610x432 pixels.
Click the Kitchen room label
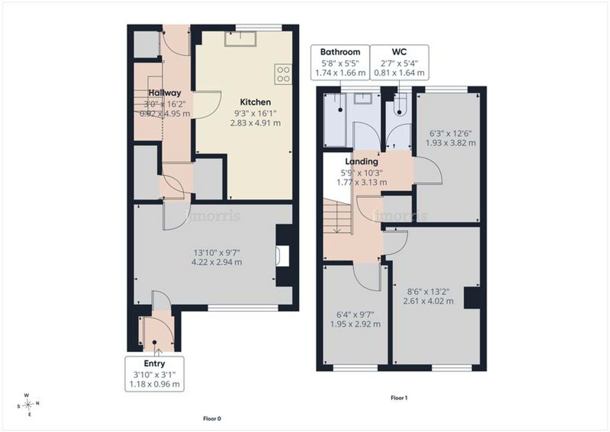(x=255, y=102)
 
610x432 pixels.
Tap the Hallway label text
(x=165, y=93)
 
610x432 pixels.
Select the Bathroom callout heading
(x=340, y=52)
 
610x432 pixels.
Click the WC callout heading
(x=399, y=52)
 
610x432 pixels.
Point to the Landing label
(x=361, y=162)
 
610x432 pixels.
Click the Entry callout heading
(x=154, y=364)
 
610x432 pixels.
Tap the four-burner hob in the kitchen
(x=283, y=74)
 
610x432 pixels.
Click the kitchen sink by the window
(x=240, y=38)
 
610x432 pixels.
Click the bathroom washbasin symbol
(x=363, y=99)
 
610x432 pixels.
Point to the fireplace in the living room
(x=282, y=256)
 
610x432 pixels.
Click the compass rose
(x=28, y=405)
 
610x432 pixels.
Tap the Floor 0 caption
(x=212, y=419)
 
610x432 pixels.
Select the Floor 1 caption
(x=399, y=398)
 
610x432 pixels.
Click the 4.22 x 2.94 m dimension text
(x=217, y=262)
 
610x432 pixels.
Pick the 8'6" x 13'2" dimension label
(x=428, y=292)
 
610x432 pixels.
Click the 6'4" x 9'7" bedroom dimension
(x=355, y=314)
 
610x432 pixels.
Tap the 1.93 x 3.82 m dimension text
(x=450, y=143)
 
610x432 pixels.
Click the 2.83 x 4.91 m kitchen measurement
(x=255, y=123)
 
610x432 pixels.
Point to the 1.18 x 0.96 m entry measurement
(x=154, y=384)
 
